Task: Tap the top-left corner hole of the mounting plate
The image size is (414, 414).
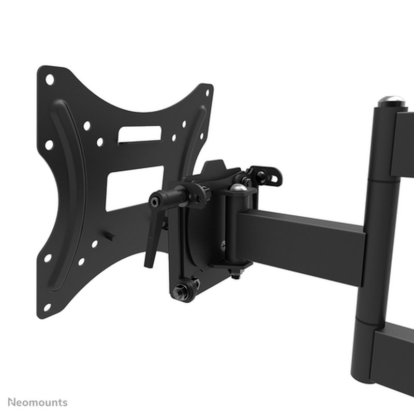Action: (x=50, y=80)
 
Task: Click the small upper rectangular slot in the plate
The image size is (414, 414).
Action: (x=139, y=134)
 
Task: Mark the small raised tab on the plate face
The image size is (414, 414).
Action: (x=110, y=236)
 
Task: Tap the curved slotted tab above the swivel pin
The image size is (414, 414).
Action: (x=265, y=175)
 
